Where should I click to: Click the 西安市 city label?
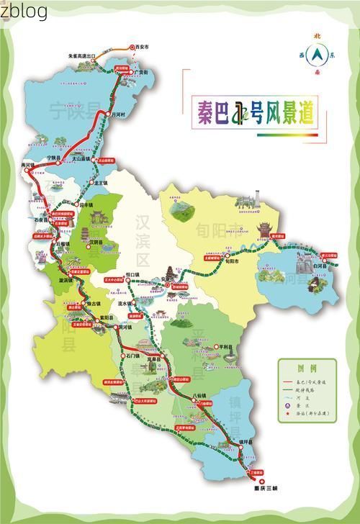pos(142,46)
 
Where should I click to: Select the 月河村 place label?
pos(117,114)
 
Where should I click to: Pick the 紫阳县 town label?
pos(107,317)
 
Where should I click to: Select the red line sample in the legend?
pos(292,381)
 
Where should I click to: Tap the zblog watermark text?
pos(25,11)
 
